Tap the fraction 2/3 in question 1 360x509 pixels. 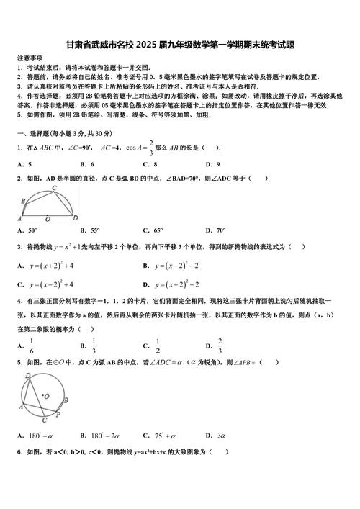click(152, 148)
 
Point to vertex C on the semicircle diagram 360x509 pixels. click(54, 189)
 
